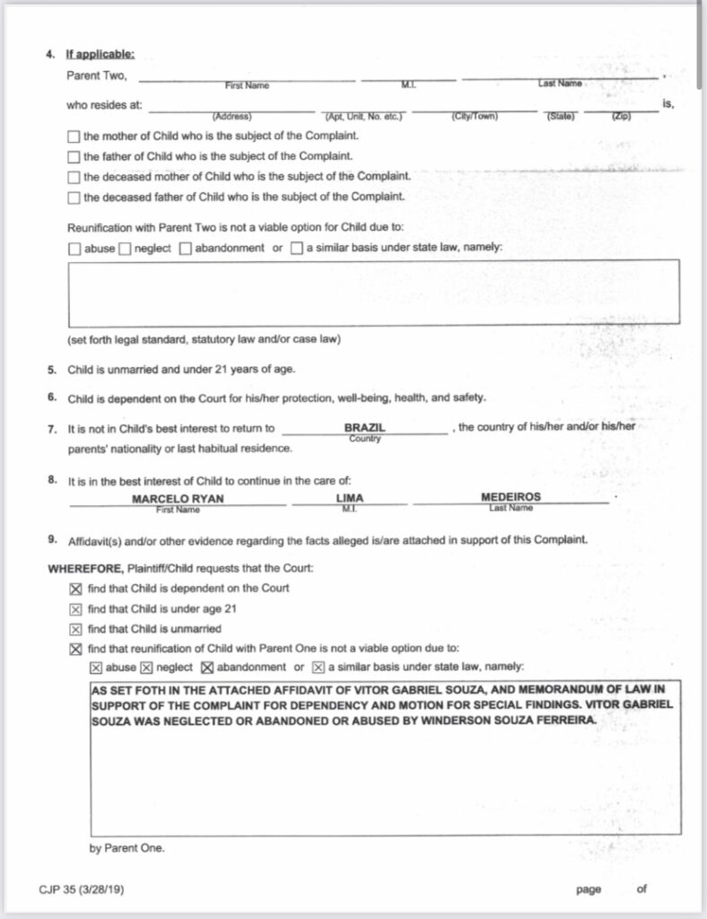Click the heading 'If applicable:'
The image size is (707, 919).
pos(99,55)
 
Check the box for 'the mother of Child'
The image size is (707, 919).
pos(74,136)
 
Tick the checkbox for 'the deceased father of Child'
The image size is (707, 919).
pos(74,197)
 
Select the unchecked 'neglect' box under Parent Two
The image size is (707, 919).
pos(125,249)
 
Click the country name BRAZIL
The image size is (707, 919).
pos(364,428)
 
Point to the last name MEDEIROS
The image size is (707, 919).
pos(511,497)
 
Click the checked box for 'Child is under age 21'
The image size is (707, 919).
pos(75,609)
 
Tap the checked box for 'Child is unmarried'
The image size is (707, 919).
pos(75,629)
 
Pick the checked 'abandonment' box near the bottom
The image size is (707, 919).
pos(205,668)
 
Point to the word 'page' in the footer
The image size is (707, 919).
pos(589,889)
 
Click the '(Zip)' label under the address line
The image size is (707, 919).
pos(621,117)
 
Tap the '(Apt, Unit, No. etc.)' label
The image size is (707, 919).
pos(362,117)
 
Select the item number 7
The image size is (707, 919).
pos(52,428)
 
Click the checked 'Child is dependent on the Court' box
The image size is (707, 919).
pos(75,589)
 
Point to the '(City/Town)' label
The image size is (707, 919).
pos(474,117)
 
